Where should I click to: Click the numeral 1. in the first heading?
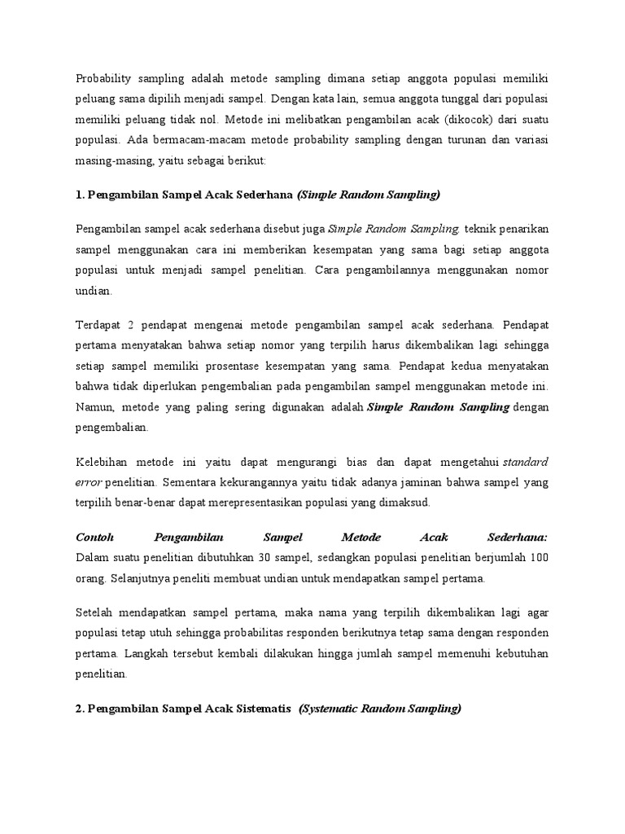[81, 194]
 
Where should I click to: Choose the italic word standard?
[526, 463]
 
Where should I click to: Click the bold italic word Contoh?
[95, 538]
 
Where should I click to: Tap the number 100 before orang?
[539, 558]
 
